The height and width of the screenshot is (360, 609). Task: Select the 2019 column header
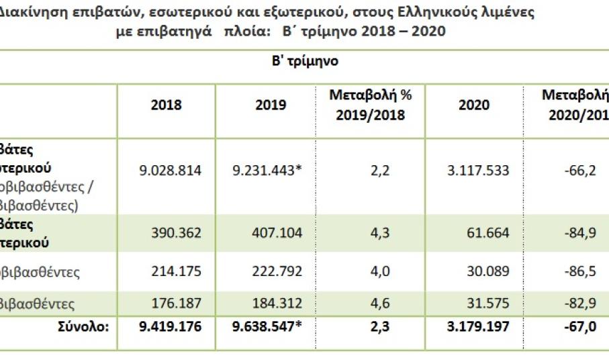point(271,105)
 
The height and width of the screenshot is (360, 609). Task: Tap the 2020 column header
point(473,105)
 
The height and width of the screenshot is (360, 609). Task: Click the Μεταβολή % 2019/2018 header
point(371,105)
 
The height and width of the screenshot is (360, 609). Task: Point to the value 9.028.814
point(171,171)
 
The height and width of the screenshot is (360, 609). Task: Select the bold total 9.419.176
point(171,329)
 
